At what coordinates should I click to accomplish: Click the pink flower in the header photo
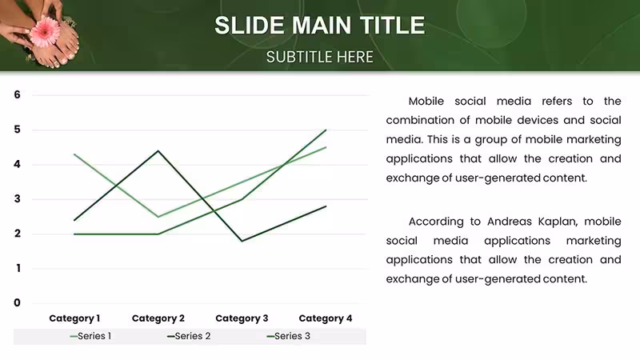[46, 31]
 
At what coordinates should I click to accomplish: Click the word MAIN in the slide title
[322, 26]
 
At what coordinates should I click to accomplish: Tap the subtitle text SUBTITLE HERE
[319, 57]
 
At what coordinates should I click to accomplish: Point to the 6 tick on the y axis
[17, 94]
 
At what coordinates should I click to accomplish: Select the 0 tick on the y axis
[17, 303]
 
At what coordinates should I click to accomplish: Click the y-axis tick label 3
[17, 199]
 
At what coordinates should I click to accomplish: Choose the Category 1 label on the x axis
[74, 318]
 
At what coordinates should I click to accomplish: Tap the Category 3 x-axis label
[242, 318]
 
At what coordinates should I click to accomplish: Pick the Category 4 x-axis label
[326, 318]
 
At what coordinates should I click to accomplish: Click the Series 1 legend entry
[90, 336]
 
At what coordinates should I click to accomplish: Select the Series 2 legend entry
[189, 336]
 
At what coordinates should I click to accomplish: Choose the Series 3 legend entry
[289, 336]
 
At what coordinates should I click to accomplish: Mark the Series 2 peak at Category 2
[158, 151]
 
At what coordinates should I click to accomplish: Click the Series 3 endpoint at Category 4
[326, 130]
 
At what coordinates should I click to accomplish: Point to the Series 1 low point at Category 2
[158, 217]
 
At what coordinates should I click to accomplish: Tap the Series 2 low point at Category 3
[242, 241]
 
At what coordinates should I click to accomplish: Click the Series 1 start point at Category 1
[74, 154]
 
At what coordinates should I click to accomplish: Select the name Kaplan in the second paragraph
[558, 222]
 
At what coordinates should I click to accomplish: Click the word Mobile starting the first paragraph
[426, 102]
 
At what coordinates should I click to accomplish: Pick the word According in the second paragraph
[436, 222]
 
